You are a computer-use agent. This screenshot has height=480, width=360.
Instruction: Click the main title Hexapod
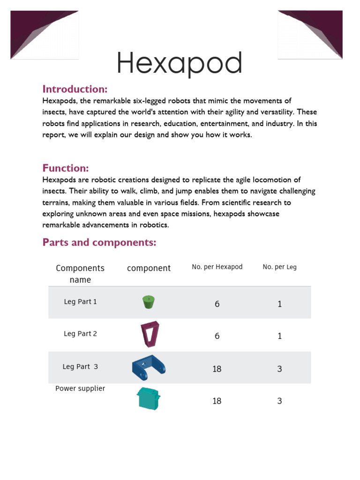pyautogui.click(x=180, y=63)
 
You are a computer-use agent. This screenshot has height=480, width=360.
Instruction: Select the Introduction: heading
pyautogui.click(x=75, y=89)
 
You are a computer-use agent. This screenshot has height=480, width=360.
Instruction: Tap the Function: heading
pyautogui.click(x=66, y=168)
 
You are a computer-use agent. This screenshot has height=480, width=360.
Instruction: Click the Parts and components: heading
pyautogui.click(x=99, y=242)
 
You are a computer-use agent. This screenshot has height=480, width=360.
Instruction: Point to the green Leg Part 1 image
pyautogui.click(x=148, y=301)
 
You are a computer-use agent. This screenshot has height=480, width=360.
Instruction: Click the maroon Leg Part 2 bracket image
pyautogui.click(x=150, y=334)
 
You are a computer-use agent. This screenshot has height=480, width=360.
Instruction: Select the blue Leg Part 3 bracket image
pyautogui.click(x=148, y=367)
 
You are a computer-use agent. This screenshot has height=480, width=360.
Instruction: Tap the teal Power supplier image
pyautogui.click(x=149, y=398)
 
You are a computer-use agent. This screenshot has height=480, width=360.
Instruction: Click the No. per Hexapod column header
pyautogui.click(x=217, y=267)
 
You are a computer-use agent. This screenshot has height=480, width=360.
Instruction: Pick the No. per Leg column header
pyautogui.click(x=279, y=267)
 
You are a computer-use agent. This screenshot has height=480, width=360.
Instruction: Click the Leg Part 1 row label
pyautogui.click(x=80, y=302)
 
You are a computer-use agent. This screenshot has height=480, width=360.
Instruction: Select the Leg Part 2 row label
pyautogui.click(x=80, y=334)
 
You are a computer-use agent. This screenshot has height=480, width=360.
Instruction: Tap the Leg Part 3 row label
pyautogui.click(x=80, y=367)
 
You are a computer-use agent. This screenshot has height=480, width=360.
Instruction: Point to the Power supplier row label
pyautogui.click(x=80, y=389)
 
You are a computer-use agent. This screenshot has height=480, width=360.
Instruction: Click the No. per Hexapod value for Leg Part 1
pyautogui.click(x=217, y=304)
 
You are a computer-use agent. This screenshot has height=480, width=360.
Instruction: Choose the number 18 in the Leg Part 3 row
pyautogui.click(x=217, y=369)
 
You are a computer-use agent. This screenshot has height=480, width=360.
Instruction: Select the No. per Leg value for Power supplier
pyautogui.click(x=279, y=401)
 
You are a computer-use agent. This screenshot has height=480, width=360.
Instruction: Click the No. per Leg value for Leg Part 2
pyautogui.click(x=279, y=336)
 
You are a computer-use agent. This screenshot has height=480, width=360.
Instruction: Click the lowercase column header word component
pyautogui.click(x=149, y=268)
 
